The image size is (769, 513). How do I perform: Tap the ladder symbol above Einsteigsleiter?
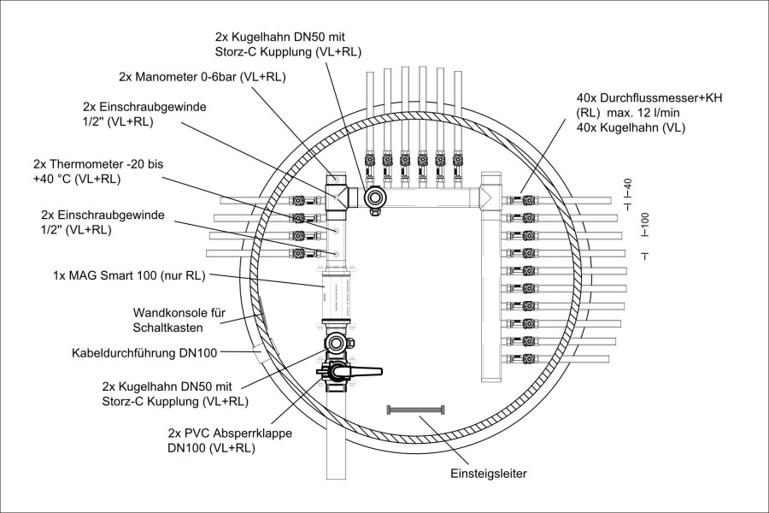[x=417, y=410]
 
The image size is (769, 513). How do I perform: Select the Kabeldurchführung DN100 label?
[x=143, y=351]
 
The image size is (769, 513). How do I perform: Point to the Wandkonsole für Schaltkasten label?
[x=179, y=320]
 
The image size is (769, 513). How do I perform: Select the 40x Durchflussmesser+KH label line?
[x=649, y=98]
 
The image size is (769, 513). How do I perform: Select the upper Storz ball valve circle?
[x=374, y=199]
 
